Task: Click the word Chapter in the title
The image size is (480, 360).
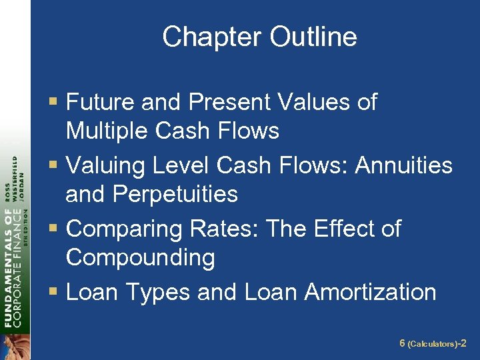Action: click(x=206, y=37)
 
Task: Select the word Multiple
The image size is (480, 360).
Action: click(x=107, y=131)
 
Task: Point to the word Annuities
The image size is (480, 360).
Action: click(x=403, y=165)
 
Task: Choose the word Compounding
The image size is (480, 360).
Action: click(x=140, y=257)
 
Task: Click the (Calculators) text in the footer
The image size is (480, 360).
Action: click(x=433, y=344)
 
